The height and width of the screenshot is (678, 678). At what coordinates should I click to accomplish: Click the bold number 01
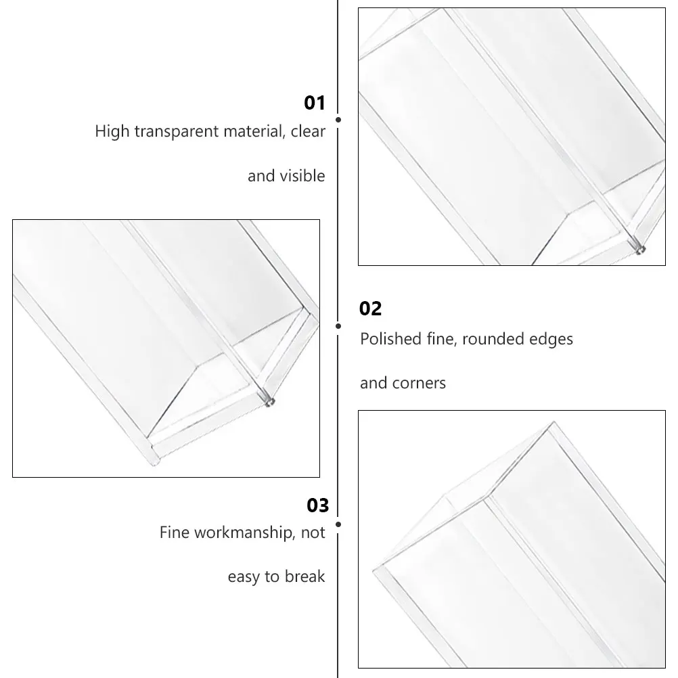point(315,103)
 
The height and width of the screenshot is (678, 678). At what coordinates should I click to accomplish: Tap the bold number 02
point(371,309)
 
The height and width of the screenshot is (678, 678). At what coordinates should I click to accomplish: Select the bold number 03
point(317,505)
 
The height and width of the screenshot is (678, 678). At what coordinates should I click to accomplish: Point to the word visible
point(304,176)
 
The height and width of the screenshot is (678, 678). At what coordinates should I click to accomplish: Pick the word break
point(304,577)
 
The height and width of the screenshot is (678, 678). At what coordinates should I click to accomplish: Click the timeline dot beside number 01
point(338,119)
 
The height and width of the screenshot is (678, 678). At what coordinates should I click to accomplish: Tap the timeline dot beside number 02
point(338,326)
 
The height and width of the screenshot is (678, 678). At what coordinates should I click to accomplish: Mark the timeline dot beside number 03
point(338,524)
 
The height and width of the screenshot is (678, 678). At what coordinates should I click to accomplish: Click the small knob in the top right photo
point(639,250)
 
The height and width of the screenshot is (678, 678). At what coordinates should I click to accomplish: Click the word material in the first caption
point(252,131)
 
